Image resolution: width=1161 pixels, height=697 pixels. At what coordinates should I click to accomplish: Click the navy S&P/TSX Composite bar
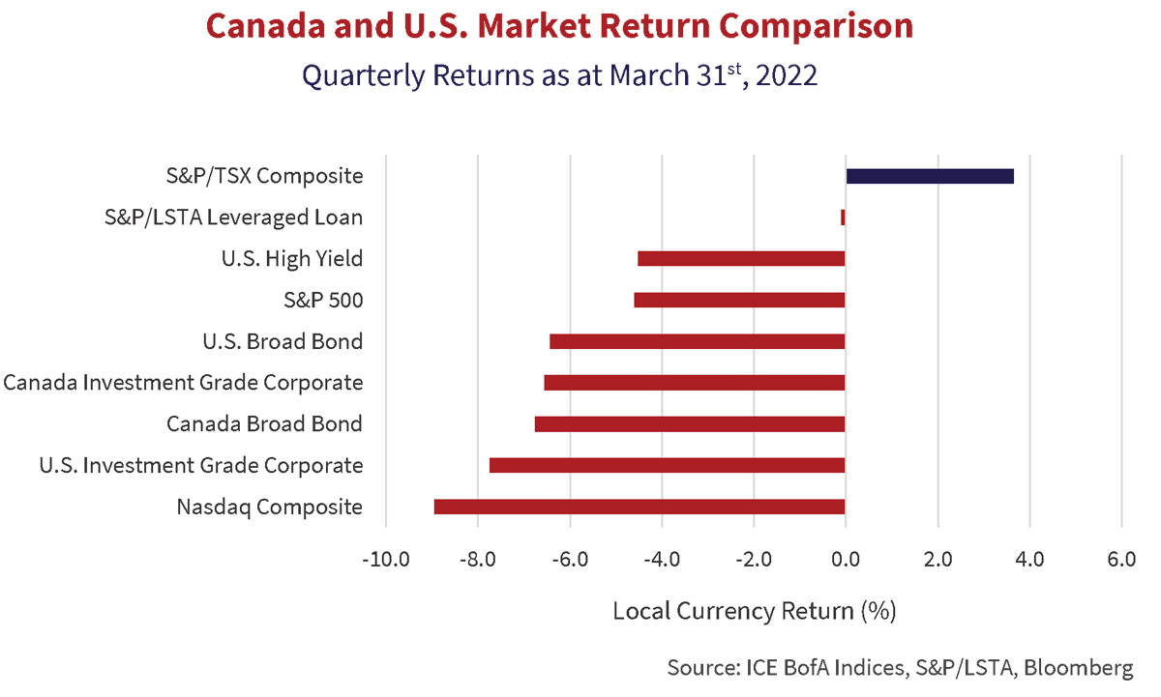[929, 176]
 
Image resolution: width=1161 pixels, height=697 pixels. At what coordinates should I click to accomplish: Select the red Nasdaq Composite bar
[640, 507]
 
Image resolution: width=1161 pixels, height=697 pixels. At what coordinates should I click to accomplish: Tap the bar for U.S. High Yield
[741, 258]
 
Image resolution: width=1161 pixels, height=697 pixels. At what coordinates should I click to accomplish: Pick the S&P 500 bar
[739, 300]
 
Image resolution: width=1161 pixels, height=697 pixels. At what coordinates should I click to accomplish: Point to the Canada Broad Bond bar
[690, 423]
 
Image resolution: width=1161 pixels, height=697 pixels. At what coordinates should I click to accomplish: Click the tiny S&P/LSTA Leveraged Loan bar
[843, 218]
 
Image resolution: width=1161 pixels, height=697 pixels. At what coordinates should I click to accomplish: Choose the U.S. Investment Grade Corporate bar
[668, 465]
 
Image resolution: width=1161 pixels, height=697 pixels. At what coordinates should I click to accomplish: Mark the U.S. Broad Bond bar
[698, 341]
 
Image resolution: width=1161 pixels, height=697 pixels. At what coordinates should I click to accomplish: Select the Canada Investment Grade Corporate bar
[695, 383]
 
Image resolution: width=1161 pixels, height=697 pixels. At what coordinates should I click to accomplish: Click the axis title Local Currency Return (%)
[755, 611]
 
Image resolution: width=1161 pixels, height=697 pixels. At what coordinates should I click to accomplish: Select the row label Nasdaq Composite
[270, 507]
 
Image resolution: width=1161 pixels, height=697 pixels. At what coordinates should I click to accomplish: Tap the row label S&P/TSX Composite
[264, 176]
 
